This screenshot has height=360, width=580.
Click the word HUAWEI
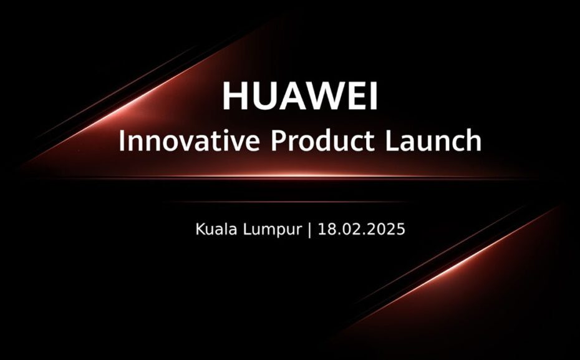click(x=299, y=96)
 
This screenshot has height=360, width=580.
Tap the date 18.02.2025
click(x=361, y=229)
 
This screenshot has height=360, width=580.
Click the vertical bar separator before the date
click(x=309, y=230)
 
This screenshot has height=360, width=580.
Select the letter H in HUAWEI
click(x=235, y=96)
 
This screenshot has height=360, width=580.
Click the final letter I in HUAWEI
click(x=374, y=96)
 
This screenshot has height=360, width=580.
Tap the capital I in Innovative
click(x=121, y=140)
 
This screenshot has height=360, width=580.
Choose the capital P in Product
click(x=279, y=140)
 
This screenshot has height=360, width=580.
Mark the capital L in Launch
click(x=392, y=140)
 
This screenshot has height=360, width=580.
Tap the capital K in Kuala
click(x=200, y=229)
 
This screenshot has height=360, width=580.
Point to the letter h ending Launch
click(x=473, y=140)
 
